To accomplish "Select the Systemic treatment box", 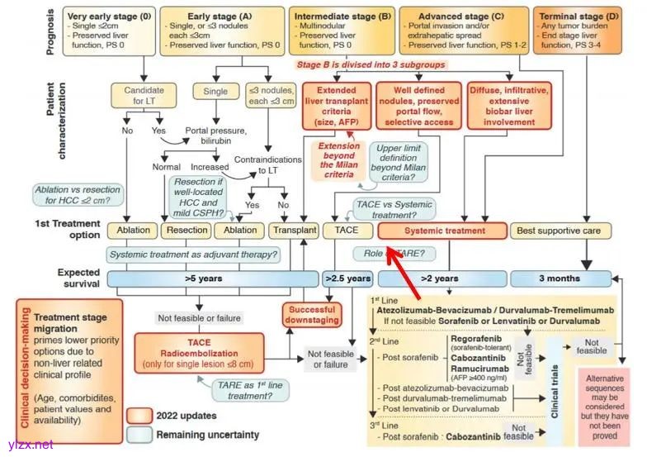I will tap(442, 230).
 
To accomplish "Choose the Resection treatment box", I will tap(187, 230).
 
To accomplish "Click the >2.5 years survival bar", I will tap(347, 279).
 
